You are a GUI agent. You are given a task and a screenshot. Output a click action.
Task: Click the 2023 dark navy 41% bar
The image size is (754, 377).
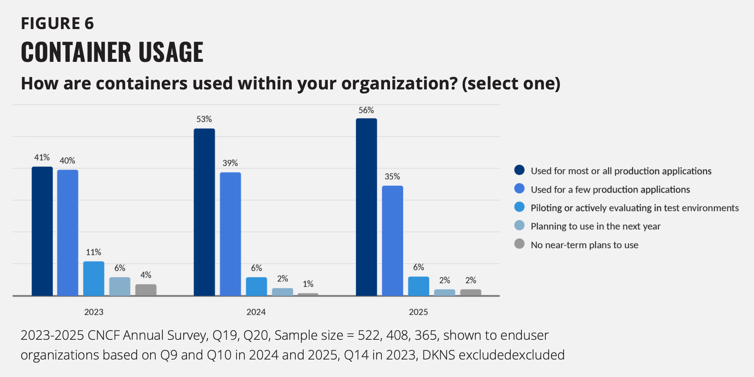coord(42,231)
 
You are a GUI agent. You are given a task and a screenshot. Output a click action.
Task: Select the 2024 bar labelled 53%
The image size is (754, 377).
coord(204,212)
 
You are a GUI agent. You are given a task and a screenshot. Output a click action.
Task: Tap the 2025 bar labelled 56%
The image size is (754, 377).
coord(366,207)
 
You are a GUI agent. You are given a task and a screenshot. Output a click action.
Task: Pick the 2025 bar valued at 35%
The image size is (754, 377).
coord(392,241)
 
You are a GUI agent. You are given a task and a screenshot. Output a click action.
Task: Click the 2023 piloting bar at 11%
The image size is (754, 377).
coord(94,279)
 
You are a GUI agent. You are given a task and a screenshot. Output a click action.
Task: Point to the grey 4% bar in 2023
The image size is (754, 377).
coord(146,290)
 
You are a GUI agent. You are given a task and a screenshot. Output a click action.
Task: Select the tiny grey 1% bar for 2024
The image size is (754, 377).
coord(308,294)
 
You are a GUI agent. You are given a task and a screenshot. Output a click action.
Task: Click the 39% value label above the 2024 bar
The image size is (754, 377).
coord(230,163)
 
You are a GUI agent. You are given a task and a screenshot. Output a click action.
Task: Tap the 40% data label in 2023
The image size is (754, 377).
coord(67,161)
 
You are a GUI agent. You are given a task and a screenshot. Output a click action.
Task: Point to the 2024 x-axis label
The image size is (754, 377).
coord(256,312)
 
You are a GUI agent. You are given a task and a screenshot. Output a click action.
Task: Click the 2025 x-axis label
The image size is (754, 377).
coord(418,312)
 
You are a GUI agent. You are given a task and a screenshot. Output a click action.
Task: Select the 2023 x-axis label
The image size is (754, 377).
coord(94,312)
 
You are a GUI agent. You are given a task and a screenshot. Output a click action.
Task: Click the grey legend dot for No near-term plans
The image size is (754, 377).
coord(519,244)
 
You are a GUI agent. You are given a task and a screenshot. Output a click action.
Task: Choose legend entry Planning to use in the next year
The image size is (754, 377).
coord(595,226)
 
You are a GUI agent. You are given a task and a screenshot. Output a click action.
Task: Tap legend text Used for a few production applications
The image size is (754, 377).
coord(610,190)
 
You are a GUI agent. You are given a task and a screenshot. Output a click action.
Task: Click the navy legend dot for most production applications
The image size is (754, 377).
coord(519,170)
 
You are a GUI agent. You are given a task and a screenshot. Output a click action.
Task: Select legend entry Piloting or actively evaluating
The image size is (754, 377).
coord(634,208)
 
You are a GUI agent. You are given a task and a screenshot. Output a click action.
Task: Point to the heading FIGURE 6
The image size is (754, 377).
coord(57,23)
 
